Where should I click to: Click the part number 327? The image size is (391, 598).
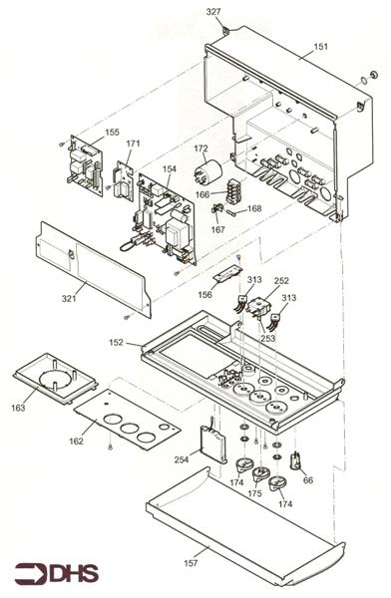(x=212, y=12)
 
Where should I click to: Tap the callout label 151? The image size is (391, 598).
(x=320, y=46)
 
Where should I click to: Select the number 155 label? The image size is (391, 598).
(x=112, y=133)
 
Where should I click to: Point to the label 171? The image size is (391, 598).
(x=134, y=144)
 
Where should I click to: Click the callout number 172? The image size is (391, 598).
(x=200, y=149)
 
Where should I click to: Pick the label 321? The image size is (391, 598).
(x=69, y=299)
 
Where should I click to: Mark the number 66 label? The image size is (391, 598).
(x=308, y=480)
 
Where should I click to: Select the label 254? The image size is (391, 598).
(x=181, y=459)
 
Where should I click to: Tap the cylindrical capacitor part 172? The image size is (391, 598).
(x=210, y=177)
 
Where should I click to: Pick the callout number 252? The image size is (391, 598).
(x=281, y=282)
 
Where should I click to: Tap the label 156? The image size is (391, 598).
(x=204, y=294)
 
